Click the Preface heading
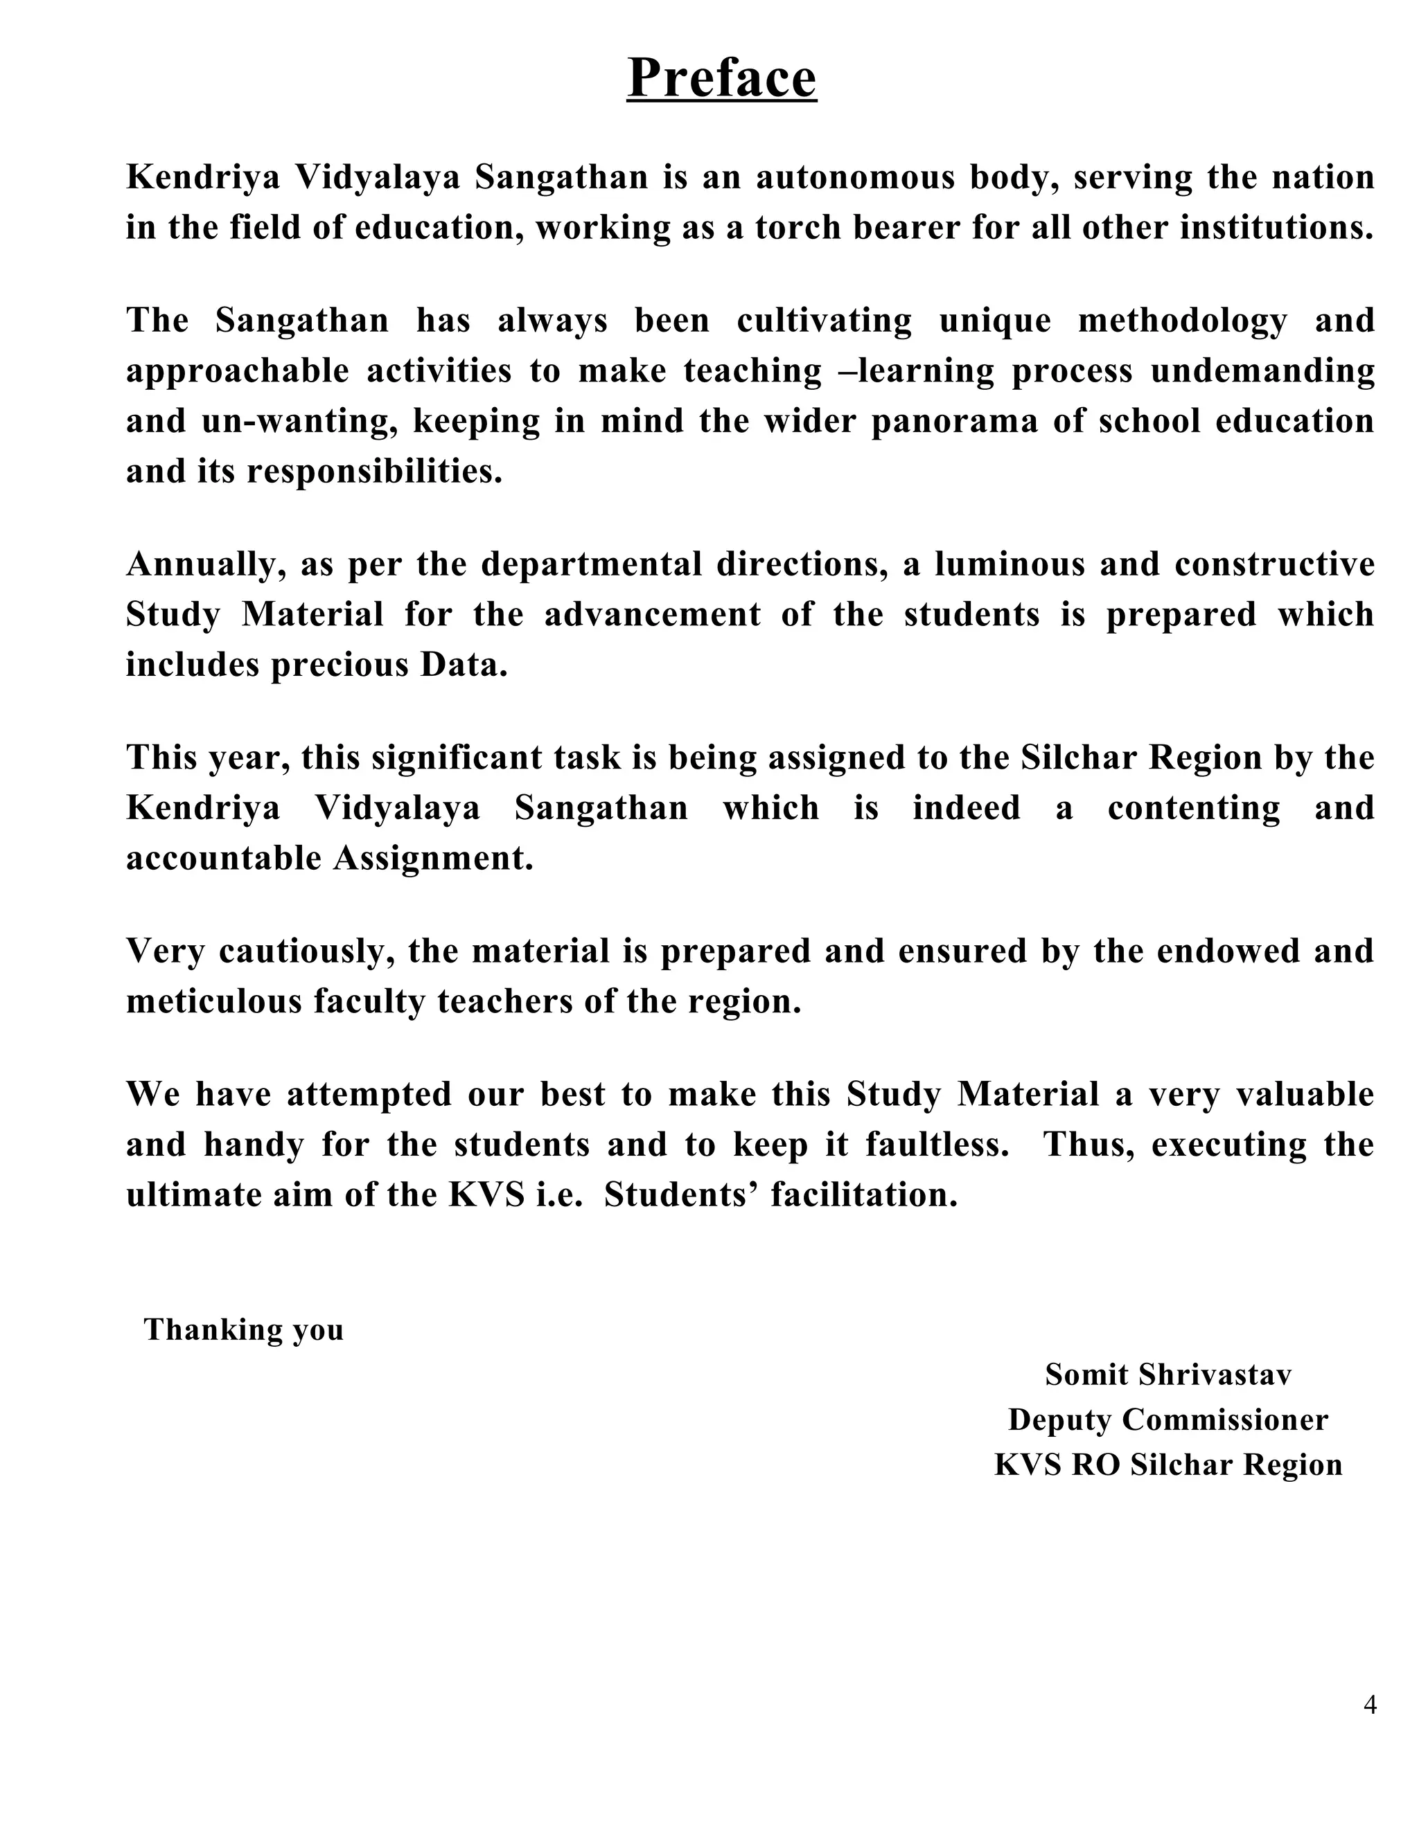[x=721, y=78]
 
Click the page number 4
[x=1369, y=1705]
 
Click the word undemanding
[x=1262, y=370]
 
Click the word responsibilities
[x=374, y=472]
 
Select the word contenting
[x=1194, y=807]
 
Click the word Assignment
[x=433, y=858]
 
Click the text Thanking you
[x=244, y=1330]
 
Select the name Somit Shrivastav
[x=1167, y=1375]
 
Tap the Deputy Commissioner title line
[x=1167, y=1419]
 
